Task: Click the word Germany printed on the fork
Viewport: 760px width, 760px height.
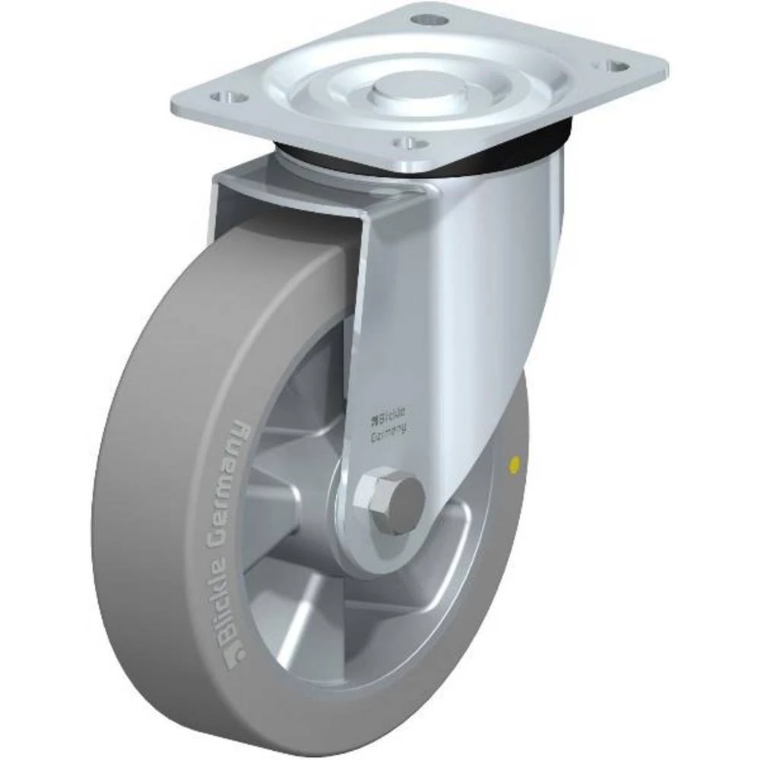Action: (388, 430)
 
